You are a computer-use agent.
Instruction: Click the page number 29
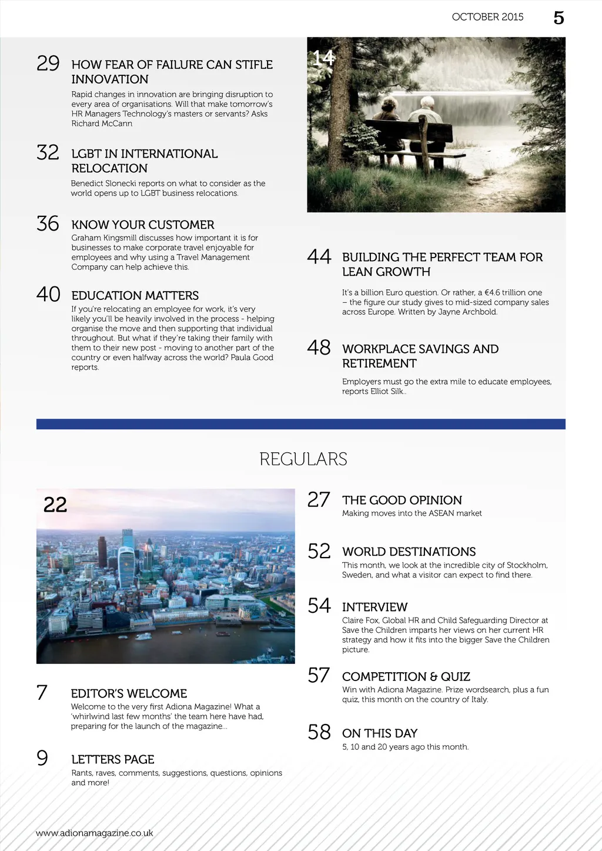click(x=48, y=63)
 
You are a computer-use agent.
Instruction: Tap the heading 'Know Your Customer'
click(x=143, y=225)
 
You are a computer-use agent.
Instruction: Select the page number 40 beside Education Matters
click(x=48, y=294)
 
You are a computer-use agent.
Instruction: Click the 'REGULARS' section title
click(x=303, y=459)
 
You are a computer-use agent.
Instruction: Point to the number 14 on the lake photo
click(x=323, y=58)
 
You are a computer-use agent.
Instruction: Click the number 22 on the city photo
click(x=55, y=505)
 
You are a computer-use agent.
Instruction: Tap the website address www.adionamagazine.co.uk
click(x=95, y=833)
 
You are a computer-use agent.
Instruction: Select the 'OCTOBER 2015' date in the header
click(x=487, y=17)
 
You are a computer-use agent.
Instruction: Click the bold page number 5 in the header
click(x=558, y=18)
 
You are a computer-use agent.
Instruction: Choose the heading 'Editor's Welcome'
click(x=129, y=693)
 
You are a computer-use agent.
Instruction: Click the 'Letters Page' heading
click(x=113, y=759)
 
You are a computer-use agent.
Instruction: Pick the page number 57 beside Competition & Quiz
click(x=319, y=675)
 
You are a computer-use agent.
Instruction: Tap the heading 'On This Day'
click(x=380, y=733)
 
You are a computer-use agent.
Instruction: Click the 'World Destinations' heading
click(x=409, y=552)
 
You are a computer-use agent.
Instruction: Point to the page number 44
click(x=319, y=256)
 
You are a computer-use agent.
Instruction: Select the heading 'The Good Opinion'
click(x=402, y=500)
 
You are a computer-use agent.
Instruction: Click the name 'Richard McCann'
click(x=102, y=124)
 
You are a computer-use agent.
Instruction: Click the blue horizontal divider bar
click(x=301, y=424)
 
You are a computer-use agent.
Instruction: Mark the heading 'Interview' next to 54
click(x=374, y=607)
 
